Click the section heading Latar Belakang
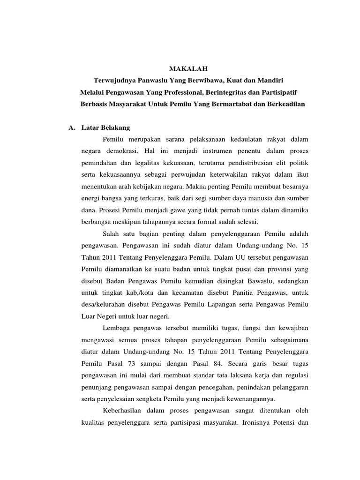pyautogui.click(x=105, y=127)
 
